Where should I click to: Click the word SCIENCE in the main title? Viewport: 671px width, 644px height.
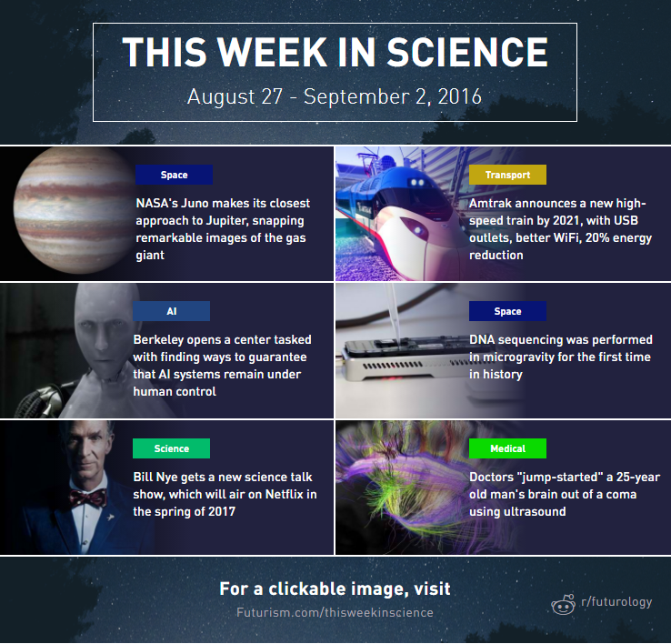pos(467,52)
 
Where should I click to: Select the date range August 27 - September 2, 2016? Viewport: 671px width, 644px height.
pos(335,96)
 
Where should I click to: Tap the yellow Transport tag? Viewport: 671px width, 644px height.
pos(507,175)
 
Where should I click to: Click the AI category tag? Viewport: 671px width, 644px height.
pos(171,311)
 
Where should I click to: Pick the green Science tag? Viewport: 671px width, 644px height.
pos(171,448)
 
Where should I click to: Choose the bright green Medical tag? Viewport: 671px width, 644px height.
pos(507,448)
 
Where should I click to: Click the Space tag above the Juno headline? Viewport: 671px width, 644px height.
pos(174,175)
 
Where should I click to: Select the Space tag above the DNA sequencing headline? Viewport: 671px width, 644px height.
pos(507,311)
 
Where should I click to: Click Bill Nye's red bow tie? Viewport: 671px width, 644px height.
pos(87,498)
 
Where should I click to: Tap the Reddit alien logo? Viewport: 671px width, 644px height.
pos(563,604)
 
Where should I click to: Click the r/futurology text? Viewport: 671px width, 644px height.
pos(616,602)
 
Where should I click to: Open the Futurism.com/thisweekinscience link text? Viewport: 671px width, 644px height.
pos(335,613)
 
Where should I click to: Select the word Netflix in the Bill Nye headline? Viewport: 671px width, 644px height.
pos(285,494)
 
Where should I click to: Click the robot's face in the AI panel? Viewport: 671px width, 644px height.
pos(102,329)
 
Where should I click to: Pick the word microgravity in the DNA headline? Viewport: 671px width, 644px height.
pos(517,357)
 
